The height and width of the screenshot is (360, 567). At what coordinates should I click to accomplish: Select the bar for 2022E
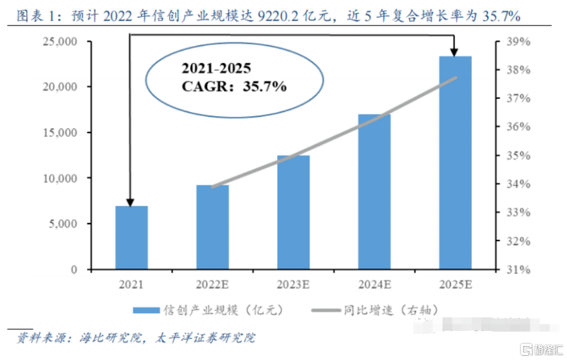pos(212,227)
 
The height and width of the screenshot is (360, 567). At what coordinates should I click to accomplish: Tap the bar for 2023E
pos(293,212)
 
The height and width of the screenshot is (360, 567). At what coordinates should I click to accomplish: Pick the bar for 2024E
pos(374,192)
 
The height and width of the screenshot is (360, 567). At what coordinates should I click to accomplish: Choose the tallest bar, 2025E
pos(455,163)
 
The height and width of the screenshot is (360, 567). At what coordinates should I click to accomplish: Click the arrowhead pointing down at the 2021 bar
pos(130,202)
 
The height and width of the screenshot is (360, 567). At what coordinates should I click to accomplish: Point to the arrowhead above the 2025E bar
pos(455,52)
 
